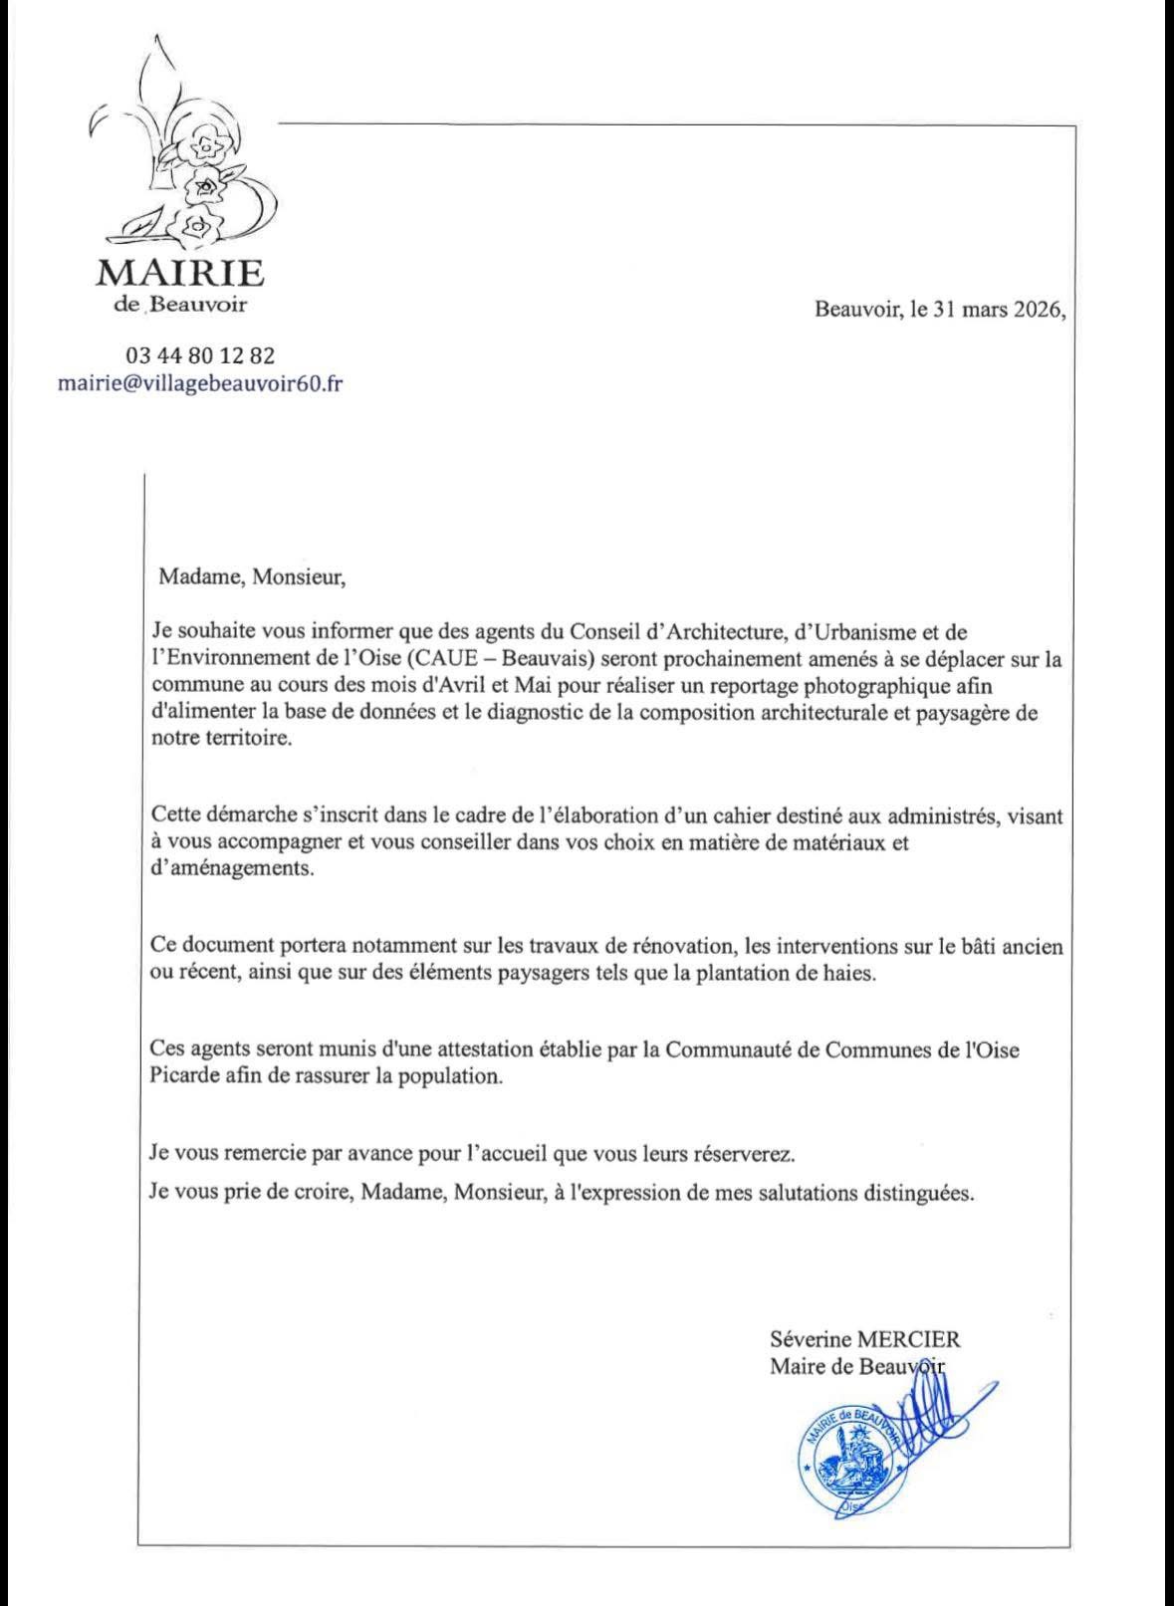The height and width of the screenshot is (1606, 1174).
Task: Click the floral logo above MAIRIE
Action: [179, 159]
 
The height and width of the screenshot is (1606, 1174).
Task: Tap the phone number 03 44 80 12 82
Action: [200, 354]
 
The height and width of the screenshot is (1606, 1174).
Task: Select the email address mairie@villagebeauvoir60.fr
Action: [200, 383]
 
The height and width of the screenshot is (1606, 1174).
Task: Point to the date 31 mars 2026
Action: [996, 309]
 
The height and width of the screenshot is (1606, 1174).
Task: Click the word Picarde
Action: [180, 1077]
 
